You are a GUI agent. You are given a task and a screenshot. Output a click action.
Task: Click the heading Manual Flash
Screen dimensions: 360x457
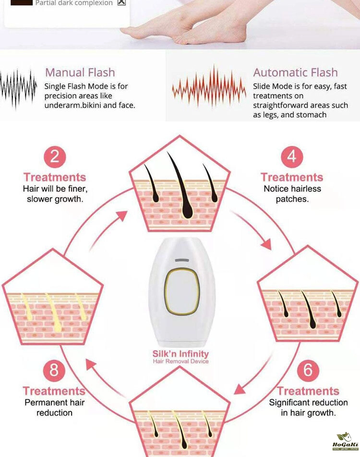click(x=80, y=72)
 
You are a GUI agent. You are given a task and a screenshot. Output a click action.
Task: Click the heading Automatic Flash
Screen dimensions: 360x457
click(x=295, y=72)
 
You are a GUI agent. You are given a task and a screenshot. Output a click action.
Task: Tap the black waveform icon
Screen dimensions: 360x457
click(x=18, y=88)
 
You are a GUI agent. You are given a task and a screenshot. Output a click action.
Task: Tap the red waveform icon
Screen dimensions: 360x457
click(x=209, y=87)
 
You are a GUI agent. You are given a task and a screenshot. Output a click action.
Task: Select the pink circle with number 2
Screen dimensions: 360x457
click(x=55, y=157)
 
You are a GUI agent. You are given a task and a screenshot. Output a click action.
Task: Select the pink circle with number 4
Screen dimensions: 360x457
click(x=292, y=157)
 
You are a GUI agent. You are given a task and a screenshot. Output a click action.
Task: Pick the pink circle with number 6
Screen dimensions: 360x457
click(x=308, y=371)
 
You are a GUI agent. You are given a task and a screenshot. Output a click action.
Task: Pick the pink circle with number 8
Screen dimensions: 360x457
click(x=54, y=371)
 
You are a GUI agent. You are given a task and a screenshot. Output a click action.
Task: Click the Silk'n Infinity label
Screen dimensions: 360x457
click(x=181, y=354)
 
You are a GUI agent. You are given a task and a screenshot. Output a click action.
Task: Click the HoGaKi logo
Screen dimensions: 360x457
click(x=346, y=442)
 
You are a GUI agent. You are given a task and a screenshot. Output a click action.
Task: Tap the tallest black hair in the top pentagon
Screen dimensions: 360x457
click(x=181, y=187)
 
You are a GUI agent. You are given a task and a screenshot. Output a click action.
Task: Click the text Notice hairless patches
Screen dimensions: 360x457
click(x=292, y=194)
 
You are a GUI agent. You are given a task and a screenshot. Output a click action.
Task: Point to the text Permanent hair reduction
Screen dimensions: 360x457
click(x=55, y=408)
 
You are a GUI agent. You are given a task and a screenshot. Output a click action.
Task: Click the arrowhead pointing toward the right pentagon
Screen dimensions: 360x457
click(x=266, y=244)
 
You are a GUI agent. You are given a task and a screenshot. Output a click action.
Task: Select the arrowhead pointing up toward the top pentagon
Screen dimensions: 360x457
click(x=122, y=216)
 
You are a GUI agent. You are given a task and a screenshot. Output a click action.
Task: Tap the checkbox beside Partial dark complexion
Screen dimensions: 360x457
click(x=121, y=2)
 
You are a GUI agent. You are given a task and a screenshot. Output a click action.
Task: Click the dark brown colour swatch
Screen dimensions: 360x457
click(x=21, y=2)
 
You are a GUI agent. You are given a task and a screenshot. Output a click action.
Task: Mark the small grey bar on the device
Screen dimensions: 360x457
click(x=182, y=260)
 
